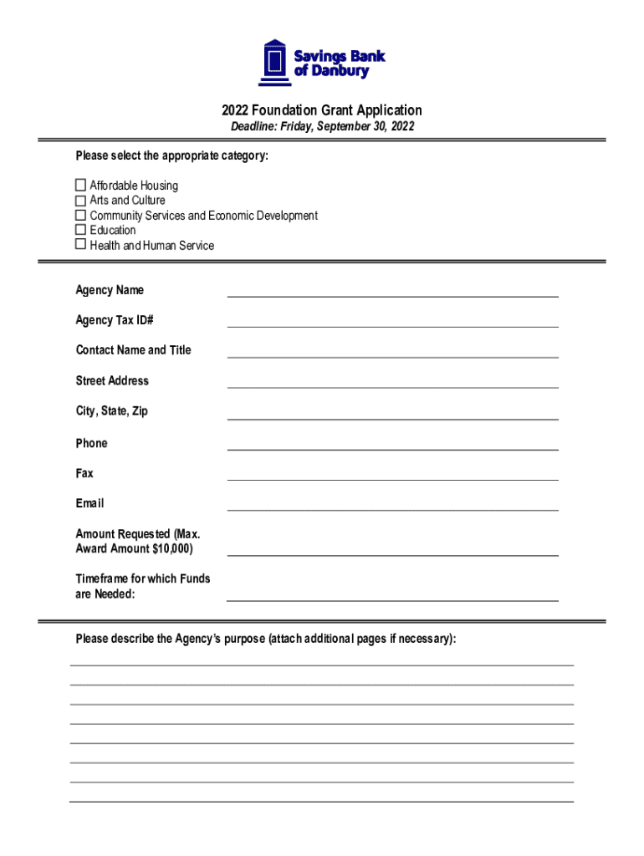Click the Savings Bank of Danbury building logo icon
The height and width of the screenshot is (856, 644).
pos(274,62)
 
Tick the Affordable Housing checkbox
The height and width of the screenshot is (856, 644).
pos(81,185)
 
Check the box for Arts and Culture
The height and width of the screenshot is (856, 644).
pos(81,200)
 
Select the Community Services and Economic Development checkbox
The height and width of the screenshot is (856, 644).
pos(81,215)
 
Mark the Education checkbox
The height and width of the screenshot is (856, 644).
pos(81,229)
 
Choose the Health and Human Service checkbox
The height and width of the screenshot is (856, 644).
pos(81,244)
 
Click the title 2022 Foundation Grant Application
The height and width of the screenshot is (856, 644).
pos(322,110)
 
